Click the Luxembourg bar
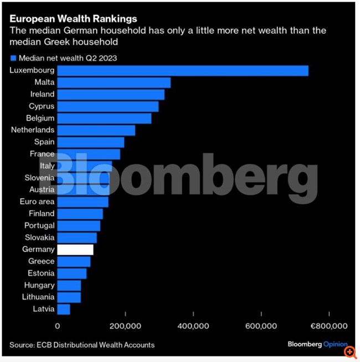pyautogui.click(x=183, y=70)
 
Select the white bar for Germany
pyautogui.click(x=75, y=250)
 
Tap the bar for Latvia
pyautogui.click(x=64, y=309)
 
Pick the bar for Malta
pyautogui.click(x=114, y=82)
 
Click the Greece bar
pyautogui.click(x=74, y=261)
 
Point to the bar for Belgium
pyautogui.click(x=104, y=118)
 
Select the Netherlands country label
pyautogui.click(x=33, y=130)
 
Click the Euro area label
pyautogui.click(x=37, y=201)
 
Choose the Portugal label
pyautogui.click(x=39, y=226)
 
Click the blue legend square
pyautogui.click(x=13, y=58)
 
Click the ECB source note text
pyautogui.click(x=82, y=345)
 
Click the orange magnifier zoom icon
pyautogui.click(x=349, y=351)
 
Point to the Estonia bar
pyautogui.click(x=72, y=273)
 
